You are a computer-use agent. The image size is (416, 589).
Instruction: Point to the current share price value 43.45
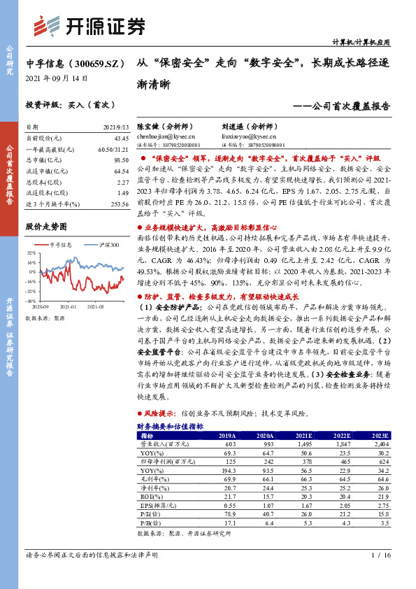point(120,139)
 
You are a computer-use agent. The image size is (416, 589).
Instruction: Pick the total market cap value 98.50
point(120,159)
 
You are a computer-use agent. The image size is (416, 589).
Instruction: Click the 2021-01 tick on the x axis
point(68,306)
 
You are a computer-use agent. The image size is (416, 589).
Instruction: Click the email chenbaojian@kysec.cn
point(166,138)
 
